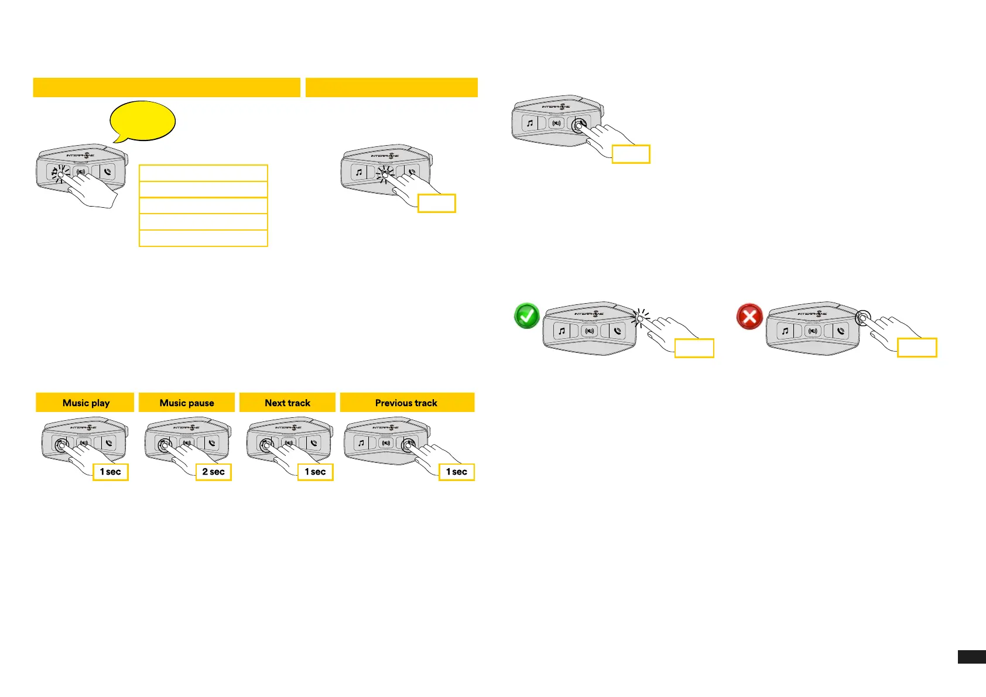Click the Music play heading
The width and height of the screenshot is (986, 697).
click(85, 403)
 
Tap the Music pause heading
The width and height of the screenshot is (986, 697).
click(187, 403)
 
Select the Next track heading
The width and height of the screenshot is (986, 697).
click(287, 403)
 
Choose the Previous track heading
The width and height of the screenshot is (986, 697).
click(407, 403)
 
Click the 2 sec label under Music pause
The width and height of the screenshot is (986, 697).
click(214, 472)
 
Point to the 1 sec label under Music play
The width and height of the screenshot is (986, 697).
click(111, 472)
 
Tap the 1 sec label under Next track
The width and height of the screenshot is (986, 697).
click(316, 472)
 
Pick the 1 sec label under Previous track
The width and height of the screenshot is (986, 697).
click(457, 472)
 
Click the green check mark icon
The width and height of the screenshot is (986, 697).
click(526, 316)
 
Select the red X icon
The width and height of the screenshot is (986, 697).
click(749, 317)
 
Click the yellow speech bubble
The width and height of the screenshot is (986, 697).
click(143, 121)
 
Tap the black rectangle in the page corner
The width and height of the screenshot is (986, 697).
click(971, 657)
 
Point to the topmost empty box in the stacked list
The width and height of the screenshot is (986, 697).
click(203, 173)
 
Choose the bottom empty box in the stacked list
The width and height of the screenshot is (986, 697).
click(203, 238)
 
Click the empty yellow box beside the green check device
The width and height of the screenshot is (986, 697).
click(694, 348)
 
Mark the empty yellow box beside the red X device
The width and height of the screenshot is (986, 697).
click(917, 348)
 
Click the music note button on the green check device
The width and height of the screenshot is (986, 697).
click(562, 331)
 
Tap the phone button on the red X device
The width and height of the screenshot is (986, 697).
click(841, 331)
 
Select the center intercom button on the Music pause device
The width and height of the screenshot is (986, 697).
click(187, 443)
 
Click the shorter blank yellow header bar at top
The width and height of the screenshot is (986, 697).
click(392, 87)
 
